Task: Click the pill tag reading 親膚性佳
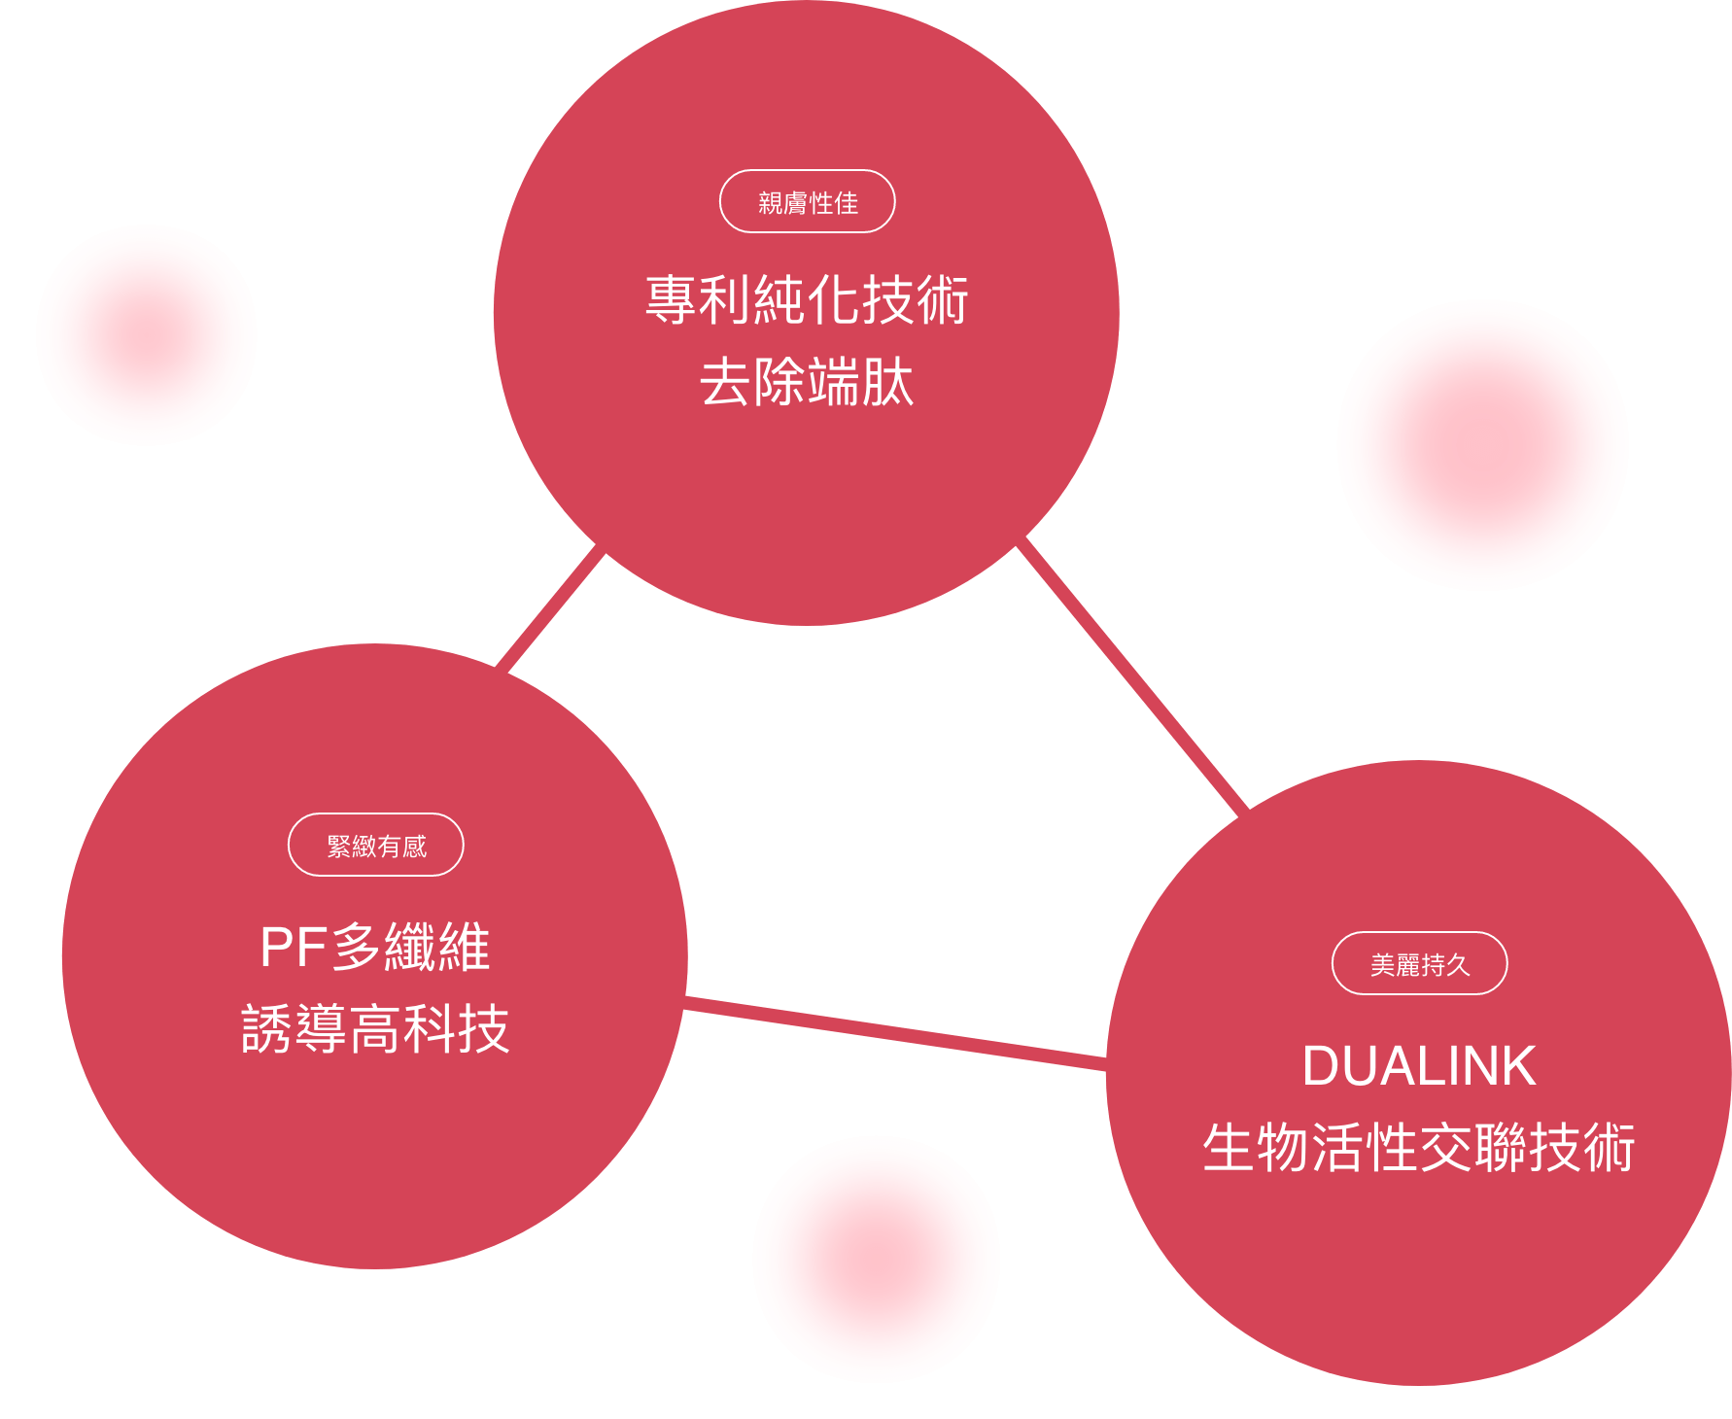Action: click(807, 202)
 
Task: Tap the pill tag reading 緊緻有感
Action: click(375, 846)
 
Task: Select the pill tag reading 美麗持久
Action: click(1419, 964)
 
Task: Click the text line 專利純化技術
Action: click(807, 299)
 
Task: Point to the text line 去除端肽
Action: click(807, 382)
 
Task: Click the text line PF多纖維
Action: click(375, 947)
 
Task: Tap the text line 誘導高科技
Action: click(375, 1029)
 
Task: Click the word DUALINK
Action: click(1419, 1066)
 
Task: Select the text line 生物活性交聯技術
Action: click(1419, 1148)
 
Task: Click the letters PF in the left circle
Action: click(294, 948)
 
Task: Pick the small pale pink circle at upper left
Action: click(147, 335)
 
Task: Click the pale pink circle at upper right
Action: click(1482, 445)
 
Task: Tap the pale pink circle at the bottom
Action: click(876, 1259)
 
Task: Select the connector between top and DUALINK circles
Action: click(1132, 675)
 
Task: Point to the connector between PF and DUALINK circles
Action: click(895, 1033)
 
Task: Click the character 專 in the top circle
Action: click(672, 299)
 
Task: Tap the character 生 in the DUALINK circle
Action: click(1229, 1148)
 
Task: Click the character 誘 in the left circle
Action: click(266, 1029)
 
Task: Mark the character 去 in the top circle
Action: click(725, 382)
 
